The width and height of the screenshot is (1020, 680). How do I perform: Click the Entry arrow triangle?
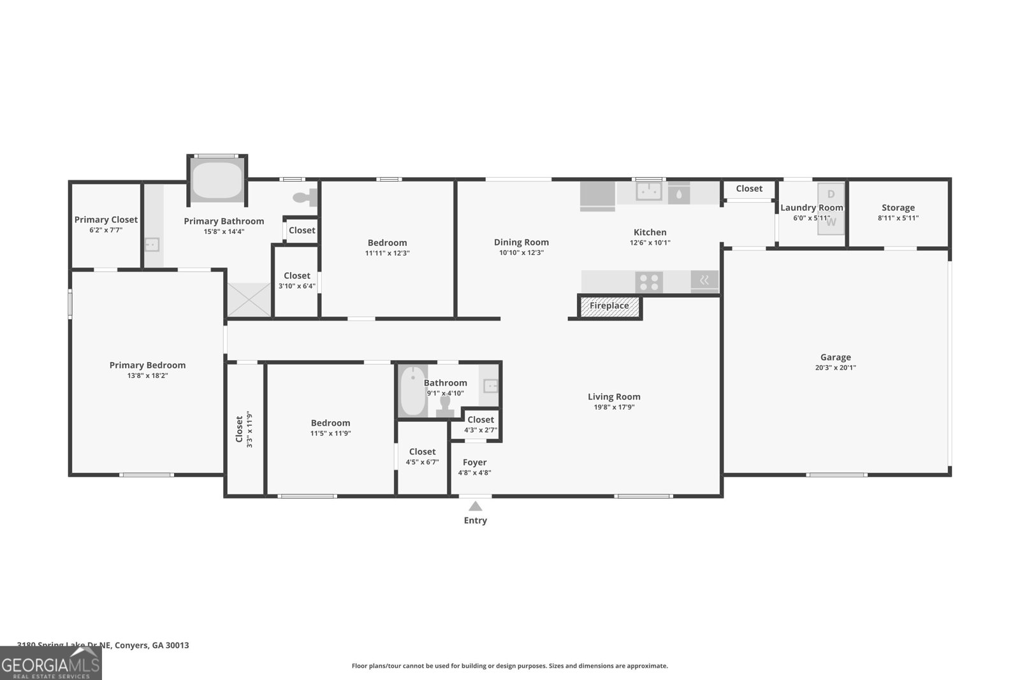[x=475, y=507]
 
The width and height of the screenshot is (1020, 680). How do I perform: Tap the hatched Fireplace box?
[x=609, y=306]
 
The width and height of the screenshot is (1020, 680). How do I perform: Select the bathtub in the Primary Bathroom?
[x=217, y=181]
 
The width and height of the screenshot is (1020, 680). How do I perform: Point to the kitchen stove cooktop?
[x=649, y=282]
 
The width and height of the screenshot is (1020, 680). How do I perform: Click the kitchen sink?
[x=648, y=191]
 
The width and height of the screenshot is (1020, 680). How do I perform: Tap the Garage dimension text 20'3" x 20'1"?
[x=835, y=368]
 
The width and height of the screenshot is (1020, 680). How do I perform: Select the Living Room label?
[x=614, y=396]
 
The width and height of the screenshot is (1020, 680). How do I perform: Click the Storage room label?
[x=898, y=207]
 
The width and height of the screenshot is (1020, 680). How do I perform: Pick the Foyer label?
[x=474, y=462]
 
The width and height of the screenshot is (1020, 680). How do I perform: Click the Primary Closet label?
[x=106, y=219]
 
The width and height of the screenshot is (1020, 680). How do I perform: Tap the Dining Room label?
[x=521, y=242]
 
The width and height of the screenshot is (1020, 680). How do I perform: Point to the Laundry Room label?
[x=812, y=207]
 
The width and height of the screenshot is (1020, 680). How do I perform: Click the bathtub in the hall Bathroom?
[x=413, y=391]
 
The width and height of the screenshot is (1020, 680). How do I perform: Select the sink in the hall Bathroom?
[x=490, y=386]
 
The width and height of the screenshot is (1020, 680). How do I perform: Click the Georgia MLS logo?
[x=50, y=663]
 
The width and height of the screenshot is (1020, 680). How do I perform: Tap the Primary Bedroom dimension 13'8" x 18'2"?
[x=147, y=376]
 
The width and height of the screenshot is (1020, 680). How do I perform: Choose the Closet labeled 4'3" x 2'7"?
[x=480, y=424]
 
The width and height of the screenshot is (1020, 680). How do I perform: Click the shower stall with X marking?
[x=249, y=300]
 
